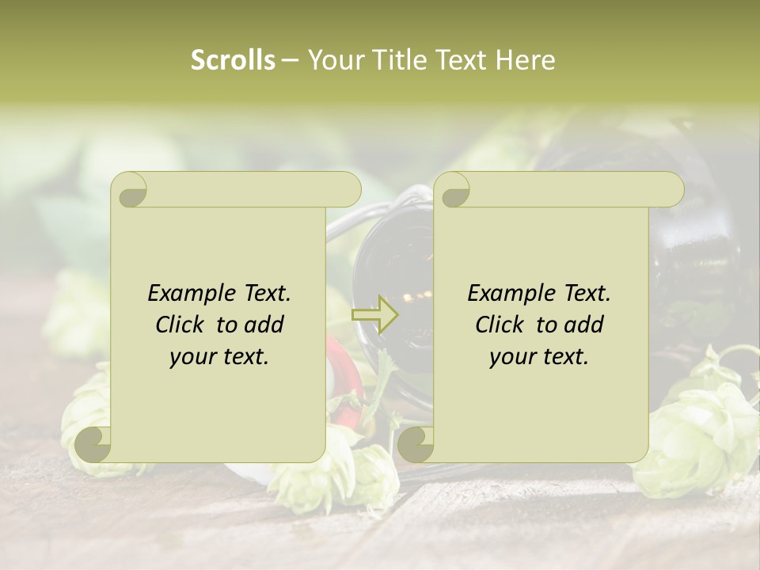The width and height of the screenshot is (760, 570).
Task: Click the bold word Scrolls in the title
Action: click(x=233, y=60)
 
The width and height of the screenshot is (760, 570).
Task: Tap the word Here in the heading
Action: click(x=524, y=60)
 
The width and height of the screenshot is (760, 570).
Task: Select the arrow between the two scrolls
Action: click(x=375, y=314)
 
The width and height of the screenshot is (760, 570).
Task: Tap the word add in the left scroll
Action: click(x=264, y=325)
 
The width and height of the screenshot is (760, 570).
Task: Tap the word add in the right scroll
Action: click(x=583, y=325)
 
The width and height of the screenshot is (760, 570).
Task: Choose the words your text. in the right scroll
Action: click(x=538, y=357)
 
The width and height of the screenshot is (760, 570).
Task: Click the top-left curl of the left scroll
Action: click(x=131, y=191)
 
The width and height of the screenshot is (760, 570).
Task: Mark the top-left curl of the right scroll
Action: click(x=454, y=191)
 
